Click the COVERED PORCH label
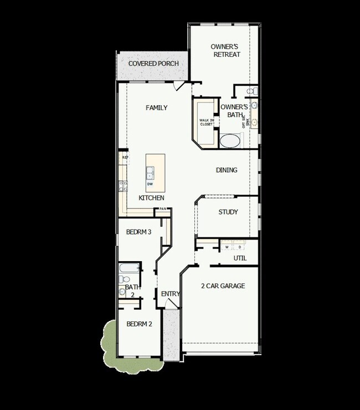(153, 64)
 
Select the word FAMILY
(156, 108)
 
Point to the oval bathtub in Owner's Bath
(230, 141)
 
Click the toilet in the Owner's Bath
(250, 91)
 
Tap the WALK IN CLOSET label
(206, 122)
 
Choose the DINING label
(227, 170)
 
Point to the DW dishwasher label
(150, 184)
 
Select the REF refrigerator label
(125, 158)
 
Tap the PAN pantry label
(163, 209)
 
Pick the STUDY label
(228, 212)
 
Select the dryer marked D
(240, 247)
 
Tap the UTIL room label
(240, 258)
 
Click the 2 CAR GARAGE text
(223, 286)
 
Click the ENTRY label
(170, 294)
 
